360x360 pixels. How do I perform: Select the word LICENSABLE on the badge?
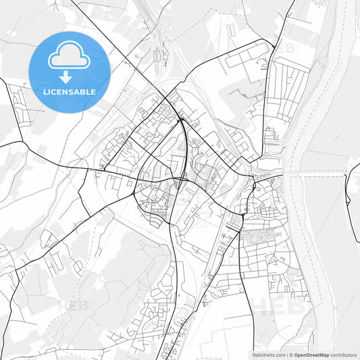(70, 91)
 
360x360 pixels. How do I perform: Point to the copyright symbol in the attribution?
(290, 354)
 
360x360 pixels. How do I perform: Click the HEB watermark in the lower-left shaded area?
(73, 305)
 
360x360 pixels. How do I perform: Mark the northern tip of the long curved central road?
(181, 120)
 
